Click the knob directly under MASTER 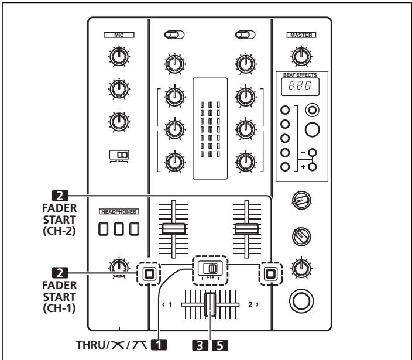point(300,56)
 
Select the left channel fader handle point(173,228)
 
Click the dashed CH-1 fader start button point(149,273)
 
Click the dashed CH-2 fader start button point(270,273)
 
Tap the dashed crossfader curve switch point(210,269)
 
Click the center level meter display point(210,129)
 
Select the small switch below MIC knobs point(119,155)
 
